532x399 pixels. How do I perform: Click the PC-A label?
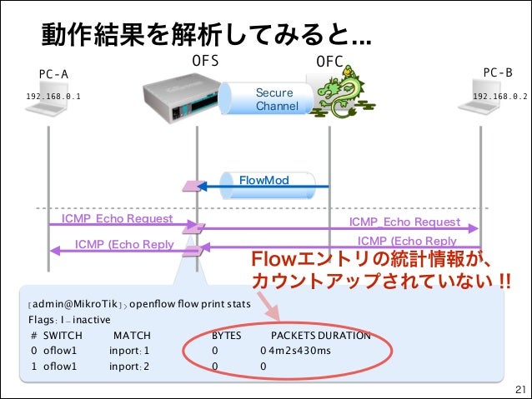point(53,73)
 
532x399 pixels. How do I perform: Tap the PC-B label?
point(498,72)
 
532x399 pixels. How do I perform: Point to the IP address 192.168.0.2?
point(500,97)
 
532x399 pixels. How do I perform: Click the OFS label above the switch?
point(205,61)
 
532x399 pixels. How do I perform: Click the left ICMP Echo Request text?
point(117,219)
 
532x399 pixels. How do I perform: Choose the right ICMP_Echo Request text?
point(404,222)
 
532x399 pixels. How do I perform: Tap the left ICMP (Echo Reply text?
point(124,244)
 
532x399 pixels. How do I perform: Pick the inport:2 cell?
point(129,366)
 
